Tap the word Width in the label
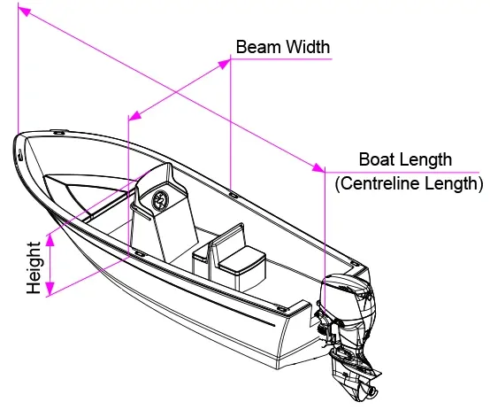click(308, 47)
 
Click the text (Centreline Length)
click(409, 183)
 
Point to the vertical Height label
click(34, 267)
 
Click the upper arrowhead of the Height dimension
click(50, 241)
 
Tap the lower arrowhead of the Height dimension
click(50, 289)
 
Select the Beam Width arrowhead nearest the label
click(225, 64)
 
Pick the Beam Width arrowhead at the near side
click(135, 115)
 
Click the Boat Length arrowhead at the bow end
click(25, 12)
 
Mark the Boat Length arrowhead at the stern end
click(318, 167)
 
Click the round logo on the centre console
click(160, 199)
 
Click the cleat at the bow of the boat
click(58, 133)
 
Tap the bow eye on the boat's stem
click(20, 155)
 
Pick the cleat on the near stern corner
click(282, 309)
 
